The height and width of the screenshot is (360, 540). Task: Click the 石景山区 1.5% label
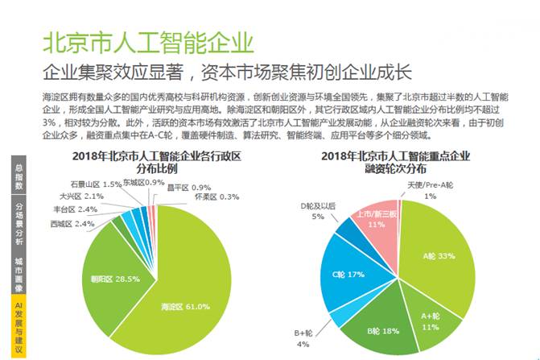(x=96, y=184)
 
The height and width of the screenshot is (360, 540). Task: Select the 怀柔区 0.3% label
(x=217, y=196)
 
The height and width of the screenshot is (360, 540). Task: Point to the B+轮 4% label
(x=303, y=337)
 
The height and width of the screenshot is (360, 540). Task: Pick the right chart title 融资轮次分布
(x=399, y=161)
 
